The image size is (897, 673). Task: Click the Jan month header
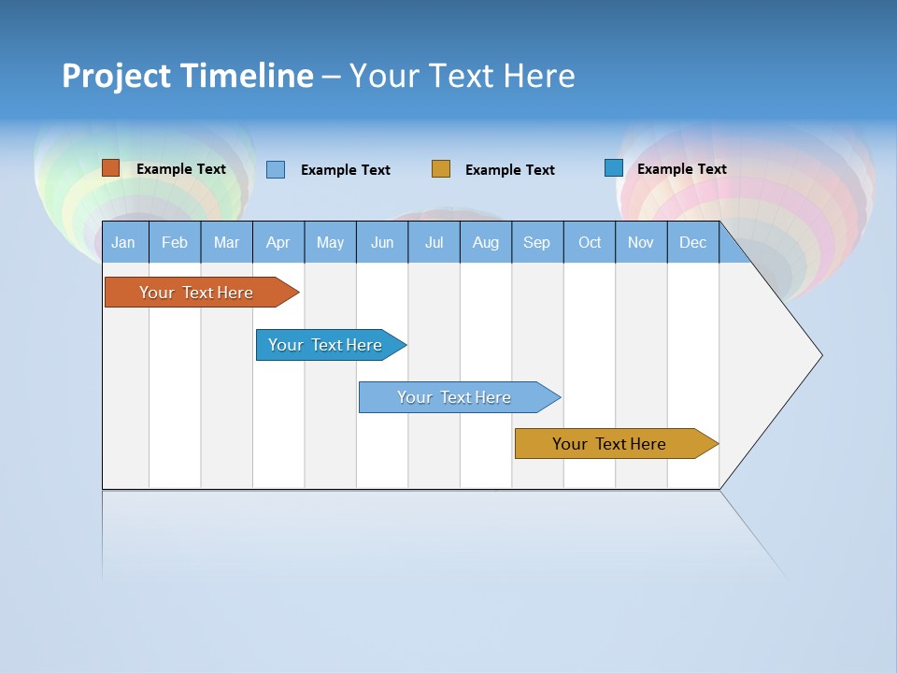point(124,242)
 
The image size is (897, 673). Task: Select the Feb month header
point(175,242)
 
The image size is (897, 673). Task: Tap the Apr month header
point(278,242)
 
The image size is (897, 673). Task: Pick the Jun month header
point(382,242)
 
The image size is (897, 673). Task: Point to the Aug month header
point(486,242)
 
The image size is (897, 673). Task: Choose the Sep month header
point(537,242)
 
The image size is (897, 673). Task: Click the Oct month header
point(590,242)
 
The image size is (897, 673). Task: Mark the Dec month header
point(693,242)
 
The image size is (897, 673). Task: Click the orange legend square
point(111,168)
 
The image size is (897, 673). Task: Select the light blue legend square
point(276,169)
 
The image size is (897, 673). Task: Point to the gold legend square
point(441,169)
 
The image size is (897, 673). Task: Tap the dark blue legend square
point(614,168)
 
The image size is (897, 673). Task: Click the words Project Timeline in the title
point(188,76)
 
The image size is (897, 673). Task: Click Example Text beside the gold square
point(510,170)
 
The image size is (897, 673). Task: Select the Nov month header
point(641,242)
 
